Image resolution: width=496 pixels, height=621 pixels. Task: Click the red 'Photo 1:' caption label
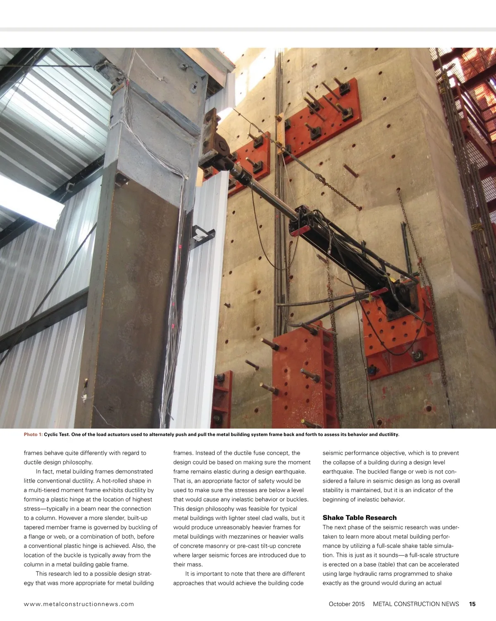coord(33,434)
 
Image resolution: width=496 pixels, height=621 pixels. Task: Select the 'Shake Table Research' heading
coord(359,518)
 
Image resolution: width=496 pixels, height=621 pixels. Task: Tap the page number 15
coord(472,604)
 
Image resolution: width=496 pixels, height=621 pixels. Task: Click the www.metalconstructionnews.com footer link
coord(79,604)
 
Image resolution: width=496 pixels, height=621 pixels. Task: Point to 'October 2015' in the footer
coord(346,604)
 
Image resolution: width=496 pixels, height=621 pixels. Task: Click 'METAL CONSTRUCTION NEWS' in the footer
coord(416,604)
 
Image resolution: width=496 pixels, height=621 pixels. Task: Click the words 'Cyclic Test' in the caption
coord(56,434)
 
